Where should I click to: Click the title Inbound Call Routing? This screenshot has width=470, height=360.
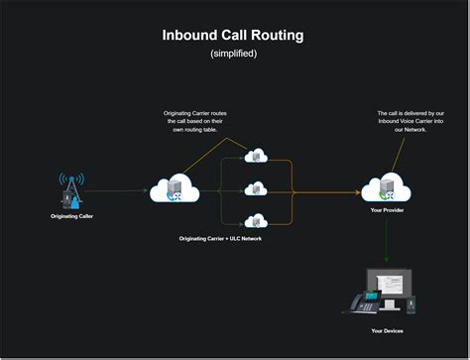pos(233,36)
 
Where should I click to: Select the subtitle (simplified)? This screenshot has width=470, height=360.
pos(233,54)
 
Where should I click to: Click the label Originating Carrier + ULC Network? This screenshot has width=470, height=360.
pos(221,239)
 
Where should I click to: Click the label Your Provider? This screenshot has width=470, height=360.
pos(387,211)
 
